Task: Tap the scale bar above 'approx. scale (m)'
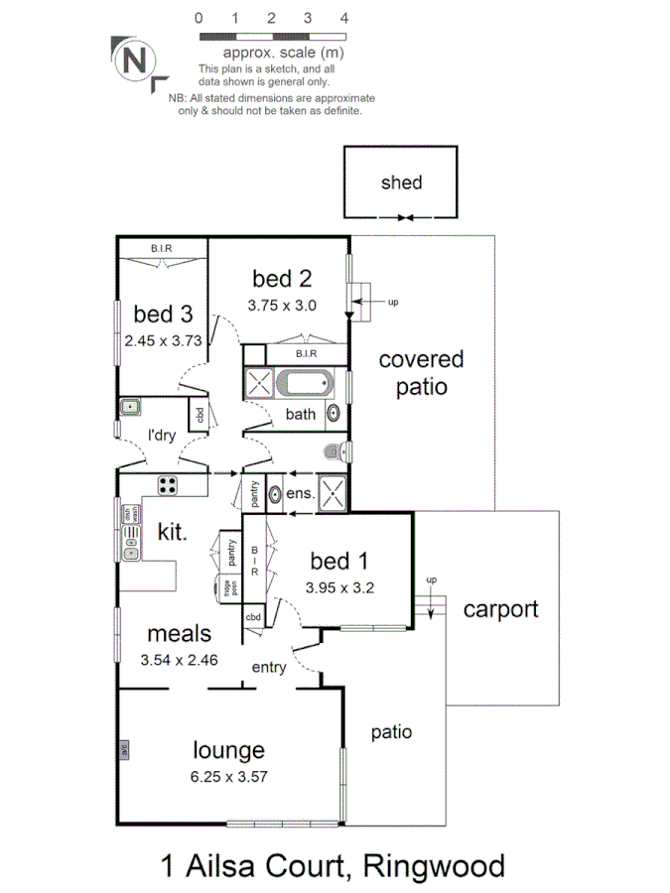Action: click(271, 36)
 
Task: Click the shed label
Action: click(401, 183)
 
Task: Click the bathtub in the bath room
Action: click(305, 383)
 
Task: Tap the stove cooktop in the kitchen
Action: click(167, 485)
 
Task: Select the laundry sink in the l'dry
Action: click(130, 406)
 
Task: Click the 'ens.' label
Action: click(301, 493)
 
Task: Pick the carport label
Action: click(500, 608)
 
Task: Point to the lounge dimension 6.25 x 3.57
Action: click(228, 777)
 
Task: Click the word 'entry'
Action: click(268, 668)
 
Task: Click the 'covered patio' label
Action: click(421, 373)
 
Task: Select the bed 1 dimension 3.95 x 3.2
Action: click(341, 585)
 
